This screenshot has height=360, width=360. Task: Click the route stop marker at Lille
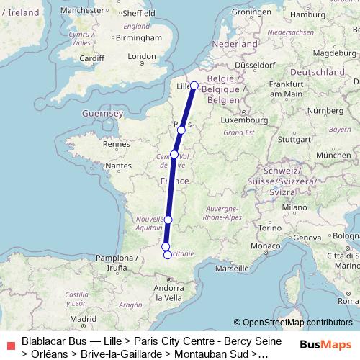[194, 86]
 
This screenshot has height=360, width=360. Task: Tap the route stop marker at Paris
[181, 130]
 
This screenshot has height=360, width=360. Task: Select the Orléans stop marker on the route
[174, 154]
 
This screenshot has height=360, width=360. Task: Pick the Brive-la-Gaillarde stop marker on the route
[168, 220]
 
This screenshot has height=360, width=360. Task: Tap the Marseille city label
[230, 268]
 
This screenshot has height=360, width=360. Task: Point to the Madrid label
[83, 318]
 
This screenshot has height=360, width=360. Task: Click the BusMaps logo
[325, 345]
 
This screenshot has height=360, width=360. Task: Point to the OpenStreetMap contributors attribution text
[293, 323]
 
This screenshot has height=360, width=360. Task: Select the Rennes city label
[115, 144]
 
